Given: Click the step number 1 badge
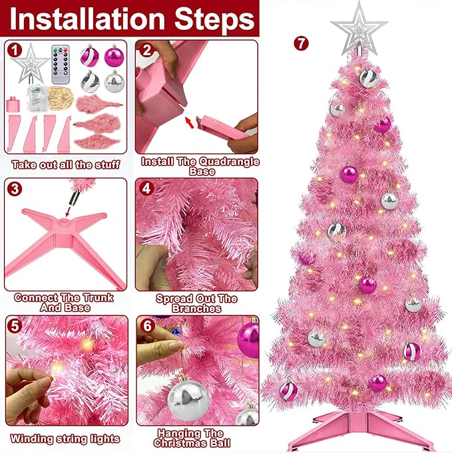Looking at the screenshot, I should point(14,51).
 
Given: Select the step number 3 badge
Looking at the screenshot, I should point(14,188).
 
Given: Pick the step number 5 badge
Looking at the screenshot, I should point(14,326).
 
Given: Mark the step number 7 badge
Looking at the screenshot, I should point(302,44).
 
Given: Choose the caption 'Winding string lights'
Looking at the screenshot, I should point(65,438).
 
